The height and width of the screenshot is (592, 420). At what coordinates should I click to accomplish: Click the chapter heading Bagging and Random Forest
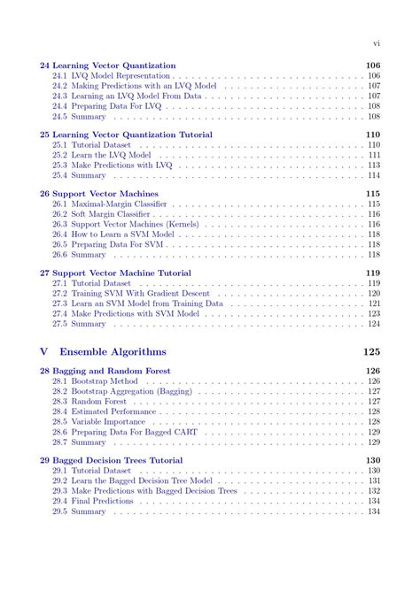pyautogui.click(x=111, y=371)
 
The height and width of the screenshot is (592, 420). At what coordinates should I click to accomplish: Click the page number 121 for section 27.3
pyautogui.click(x=374, y=304)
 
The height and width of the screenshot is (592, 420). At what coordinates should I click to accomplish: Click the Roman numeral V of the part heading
pyautogui.click(x=45, y=351)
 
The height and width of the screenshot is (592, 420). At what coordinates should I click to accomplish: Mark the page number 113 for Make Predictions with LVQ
pyautogui.click(x=374, y=165)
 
